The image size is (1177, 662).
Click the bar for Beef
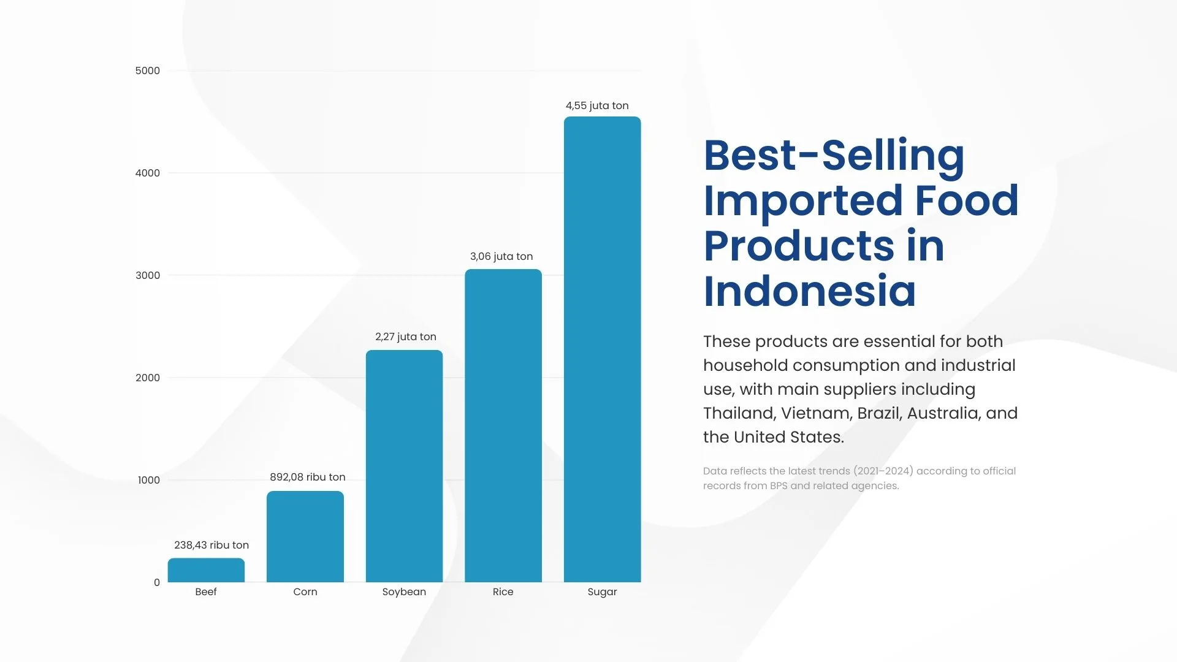coord(206,570)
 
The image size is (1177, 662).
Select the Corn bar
coord(305,536)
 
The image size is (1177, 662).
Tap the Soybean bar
coord(404,466)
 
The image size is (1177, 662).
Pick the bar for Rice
coord(503,425)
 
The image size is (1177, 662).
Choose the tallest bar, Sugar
coord(602,349)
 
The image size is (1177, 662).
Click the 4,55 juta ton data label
coord(597,105)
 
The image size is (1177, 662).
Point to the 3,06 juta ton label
coord(501,256)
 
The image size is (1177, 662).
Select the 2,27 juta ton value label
coord(406,337)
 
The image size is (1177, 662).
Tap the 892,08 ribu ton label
coord(308,477)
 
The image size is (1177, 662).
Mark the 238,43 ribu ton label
coord(211,545)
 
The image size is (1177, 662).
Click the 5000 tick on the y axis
coord(148,70)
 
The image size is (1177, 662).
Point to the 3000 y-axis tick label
coord(148,275)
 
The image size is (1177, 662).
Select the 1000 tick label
coord(149,480)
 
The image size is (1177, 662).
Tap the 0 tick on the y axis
coord(157,582)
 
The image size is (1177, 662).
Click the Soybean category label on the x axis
coord(404,592)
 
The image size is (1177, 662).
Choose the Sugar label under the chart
coord(602,592)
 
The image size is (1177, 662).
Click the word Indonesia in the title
coord(810,291)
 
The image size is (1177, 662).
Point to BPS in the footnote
coord(779,485)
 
